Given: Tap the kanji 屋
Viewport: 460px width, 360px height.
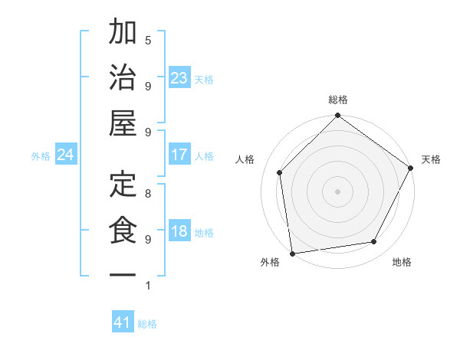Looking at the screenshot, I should click(123, 123).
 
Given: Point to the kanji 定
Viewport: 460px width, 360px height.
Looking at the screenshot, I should click(123, 185).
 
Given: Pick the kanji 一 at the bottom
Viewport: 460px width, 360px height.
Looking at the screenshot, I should click(123, 273).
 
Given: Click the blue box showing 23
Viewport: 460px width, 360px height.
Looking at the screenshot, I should click(179, 77).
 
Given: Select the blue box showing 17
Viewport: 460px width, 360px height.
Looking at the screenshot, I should click(179, 155).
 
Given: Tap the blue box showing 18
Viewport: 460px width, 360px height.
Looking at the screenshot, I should click(179, 231).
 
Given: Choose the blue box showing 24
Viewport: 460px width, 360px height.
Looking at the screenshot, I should click(65, 155).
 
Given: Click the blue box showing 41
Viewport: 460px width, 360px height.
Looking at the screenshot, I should click(123, 322).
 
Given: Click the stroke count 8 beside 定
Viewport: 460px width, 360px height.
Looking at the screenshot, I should click(147, 193).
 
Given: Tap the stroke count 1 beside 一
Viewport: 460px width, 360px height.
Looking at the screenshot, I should click(147, 286).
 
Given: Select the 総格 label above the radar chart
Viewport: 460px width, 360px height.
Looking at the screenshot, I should click(337, 100).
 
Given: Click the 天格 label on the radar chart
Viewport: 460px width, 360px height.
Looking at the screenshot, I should click(431, 159).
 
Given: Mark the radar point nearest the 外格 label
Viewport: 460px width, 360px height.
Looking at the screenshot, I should click(292, 254).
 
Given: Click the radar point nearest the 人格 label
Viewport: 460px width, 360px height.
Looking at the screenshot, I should click(280, 172).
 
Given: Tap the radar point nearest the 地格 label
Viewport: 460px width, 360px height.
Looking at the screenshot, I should click(374, 242).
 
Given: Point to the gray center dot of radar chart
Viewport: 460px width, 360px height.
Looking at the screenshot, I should click(337, 191).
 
